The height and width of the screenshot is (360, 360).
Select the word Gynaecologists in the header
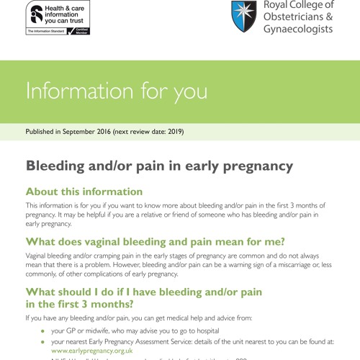(x=299, y=30)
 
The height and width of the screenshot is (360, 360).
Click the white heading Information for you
(x=116, y=91)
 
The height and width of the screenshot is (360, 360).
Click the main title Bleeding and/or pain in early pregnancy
(x=159, y=166)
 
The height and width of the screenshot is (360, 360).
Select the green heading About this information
(x=84, y=192)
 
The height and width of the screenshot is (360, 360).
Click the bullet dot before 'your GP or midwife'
(x=42, y=330)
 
